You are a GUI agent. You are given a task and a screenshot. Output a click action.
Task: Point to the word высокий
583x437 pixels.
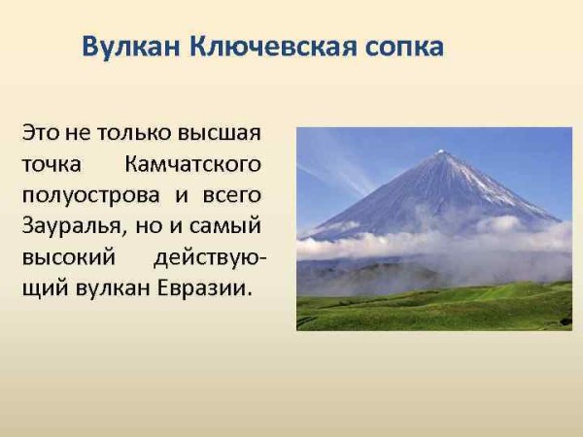coord(65,257)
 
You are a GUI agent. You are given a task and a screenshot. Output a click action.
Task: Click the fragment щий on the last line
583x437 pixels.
coord(43,289)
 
